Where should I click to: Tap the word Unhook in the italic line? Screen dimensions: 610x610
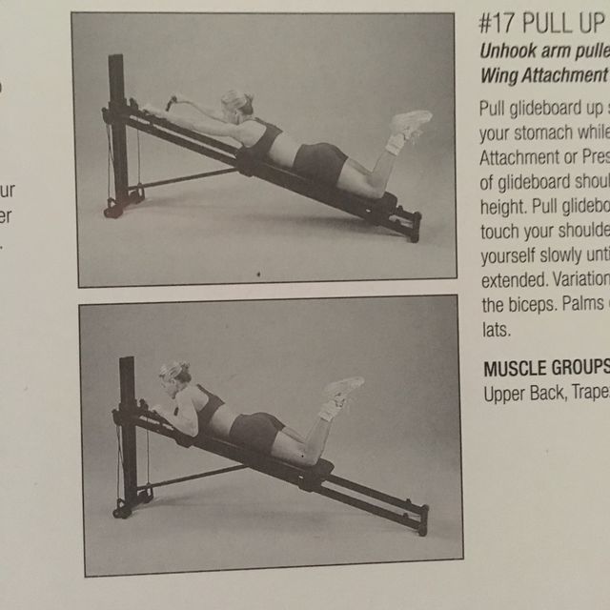(506, 52)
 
